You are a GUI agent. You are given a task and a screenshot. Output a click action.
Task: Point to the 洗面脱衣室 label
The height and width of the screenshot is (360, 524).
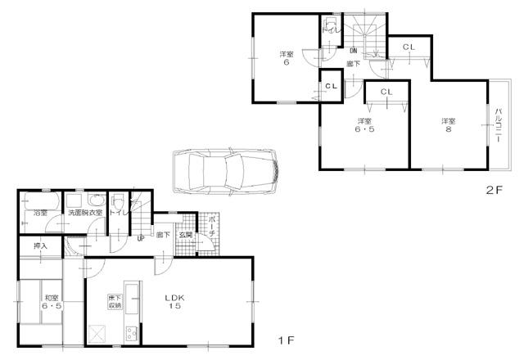(85, 214)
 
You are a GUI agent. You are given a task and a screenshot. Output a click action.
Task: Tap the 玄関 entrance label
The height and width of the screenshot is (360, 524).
(186, 235)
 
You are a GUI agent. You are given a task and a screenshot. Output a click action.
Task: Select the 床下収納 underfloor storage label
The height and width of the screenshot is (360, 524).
(115, 301)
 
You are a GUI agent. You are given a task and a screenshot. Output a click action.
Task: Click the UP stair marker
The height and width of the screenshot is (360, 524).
(141, 239)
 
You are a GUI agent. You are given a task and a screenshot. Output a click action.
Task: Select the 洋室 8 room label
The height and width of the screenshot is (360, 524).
(448, 125)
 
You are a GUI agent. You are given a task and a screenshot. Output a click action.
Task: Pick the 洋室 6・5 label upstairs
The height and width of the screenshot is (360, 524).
(364, 125)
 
